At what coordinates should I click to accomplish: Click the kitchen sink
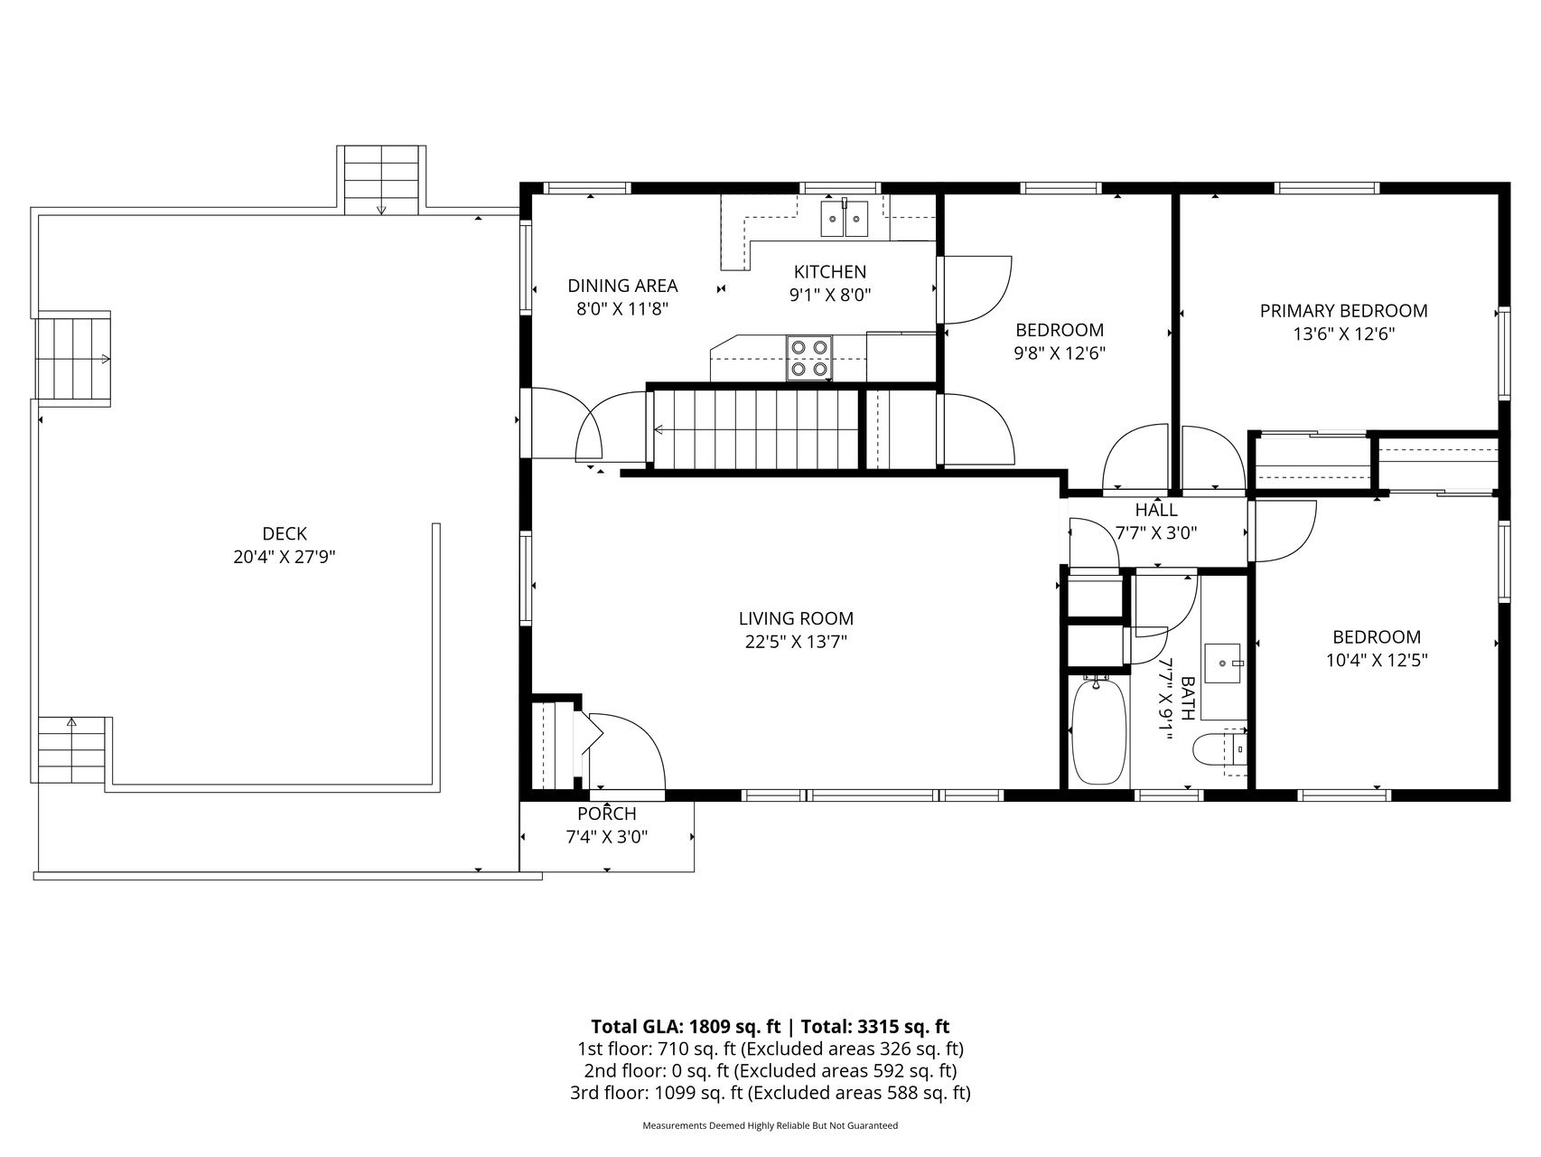click(x=844, y=219)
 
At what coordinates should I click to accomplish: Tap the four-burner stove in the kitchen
click(x=809, y=357)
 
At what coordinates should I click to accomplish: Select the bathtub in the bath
click(x=1097, y=731)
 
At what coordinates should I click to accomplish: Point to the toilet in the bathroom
click(x=1219, y=750)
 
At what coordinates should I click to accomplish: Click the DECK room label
click(x=285, y=534)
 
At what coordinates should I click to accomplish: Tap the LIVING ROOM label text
click(x=796, y=619)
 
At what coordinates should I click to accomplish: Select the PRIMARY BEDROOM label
click(x=1344, y=311)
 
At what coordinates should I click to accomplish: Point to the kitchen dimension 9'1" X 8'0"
click(x=830, y=295)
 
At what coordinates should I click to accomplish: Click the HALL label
click(x=1156, y=511)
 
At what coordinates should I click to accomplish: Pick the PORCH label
click(x=607, y=814)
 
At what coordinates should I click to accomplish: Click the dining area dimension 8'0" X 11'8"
click(x=622, y=309)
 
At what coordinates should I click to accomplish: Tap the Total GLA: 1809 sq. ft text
click(x=686, y=1027)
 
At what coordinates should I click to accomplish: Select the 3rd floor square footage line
click(x=770, y=1093)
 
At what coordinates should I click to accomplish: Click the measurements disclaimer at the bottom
click(x=770, y=1126)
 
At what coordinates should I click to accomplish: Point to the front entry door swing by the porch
click(x=627, y=750)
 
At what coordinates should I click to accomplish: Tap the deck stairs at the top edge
click(x=381, y=180)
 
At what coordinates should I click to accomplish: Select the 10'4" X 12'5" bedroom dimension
click(x=1377, y=661)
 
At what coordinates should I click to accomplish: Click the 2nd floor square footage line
click(x=770, y=1071)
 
